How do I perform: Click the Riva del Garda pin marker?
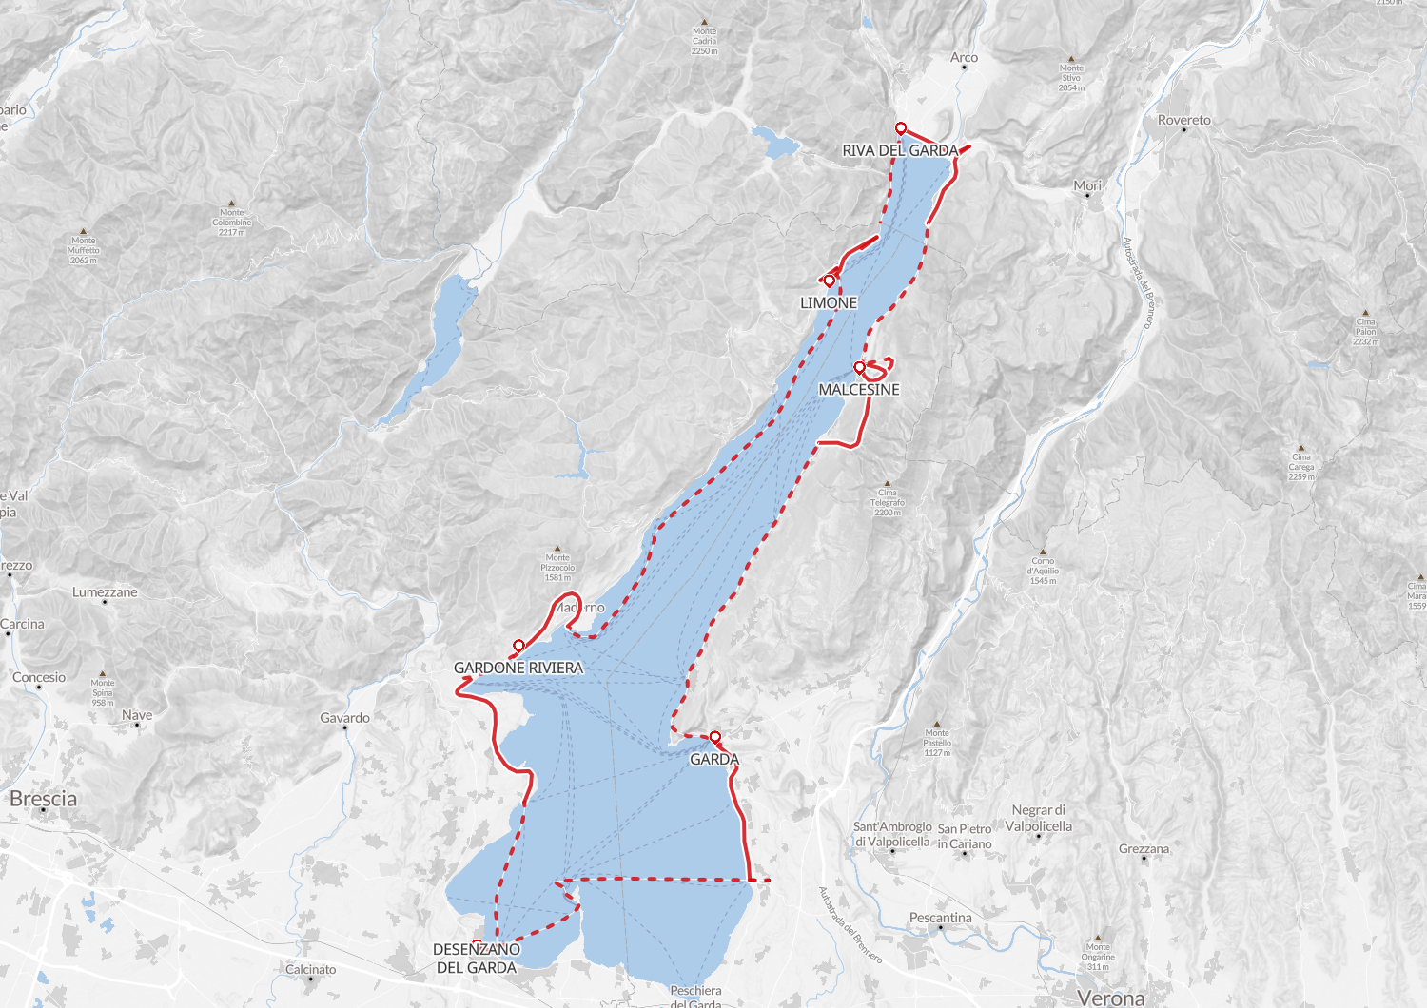click(x=900, y=127)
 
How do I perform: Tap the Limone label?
click(x=829, y=302)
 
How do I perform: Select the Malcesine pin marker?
click(x=859, y=367)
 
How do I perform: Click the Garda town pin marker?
click(x=714, y=737)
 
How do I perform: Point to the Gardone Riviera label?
click(x=518, y=668)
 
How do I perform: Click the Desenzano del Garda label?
click(x=477, y=958)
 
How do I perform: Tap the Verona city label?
click(x=1111, y=998)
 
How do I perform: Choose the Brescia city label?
click(x=44, y=799)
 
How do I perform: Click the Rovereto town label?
click(x=1183, y=120)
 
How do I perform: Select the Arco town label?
click(x=964, y=58)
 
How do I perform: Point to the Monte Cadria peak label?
click(x=705, y=41)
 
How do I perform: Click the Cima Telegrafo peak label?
click(x=887, y=502)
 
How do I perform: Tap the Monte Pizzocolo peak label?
click(x=557, y=568)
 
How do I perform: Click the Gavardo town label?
click(x=344, y=718)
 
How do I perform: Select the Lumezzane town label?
click(x=105, y=591)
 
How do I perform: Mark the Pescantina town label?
click(x=940, y=918)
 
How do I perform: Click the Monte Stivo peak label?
click(x=1071, y=78)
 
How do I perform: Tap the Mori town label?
click(x=1087, y=185)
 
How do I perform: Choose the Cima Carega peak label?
click(x=1301, y=466)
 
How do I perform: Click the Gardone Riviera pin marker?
click(x=518, y=645)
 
